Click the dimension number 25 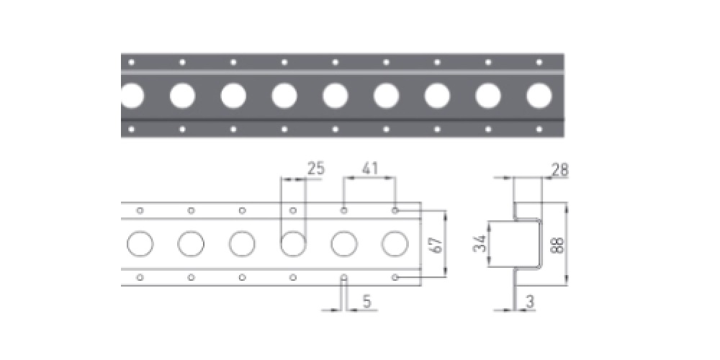coord(316,168)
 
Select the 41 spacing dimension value coord(370,168)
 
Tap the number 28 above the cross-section coord(559,170)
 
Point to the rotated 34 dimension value coord(480,244)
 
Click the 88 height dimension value coord(557,244)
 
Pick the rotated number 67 coord(437,244)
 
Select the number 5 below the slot coord(366,302)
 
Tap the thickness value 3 coord(530,302)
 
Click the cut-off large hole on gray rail coord(132,96)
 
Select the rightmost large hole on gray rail coord(539,96)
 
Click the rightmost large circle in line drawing coord(395,244)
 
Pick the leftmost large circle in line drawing coord(140,244)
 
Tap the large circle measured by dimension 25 coord(293,244)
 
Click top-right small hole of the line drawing coord(395,210)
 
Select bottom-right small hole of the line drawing coord(395,277)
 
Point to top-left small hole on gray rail coord(131,62)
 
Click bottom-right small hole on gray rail coord(539,129)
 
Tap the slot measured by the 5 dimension coord(344,279)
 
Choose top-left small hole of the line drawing coord(140,210)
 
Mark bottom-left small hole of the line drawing coord(140,277)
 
